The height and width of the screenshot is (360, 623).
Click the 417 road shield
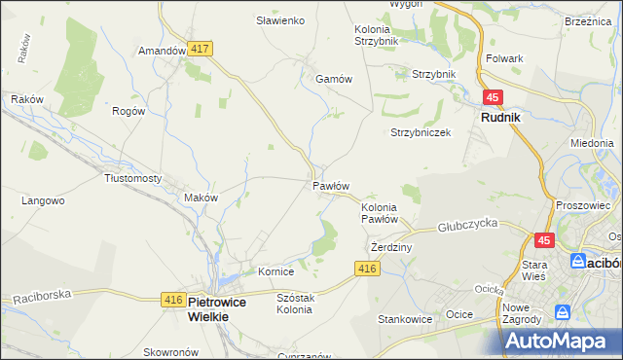tap(202, 48)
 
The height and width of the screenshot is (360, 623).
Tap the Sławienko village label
tap(280, 20)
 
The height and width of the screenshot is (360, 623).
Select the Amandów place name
tap(162, 51)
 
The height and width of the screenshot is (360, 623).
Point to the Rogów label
tap(128, 111)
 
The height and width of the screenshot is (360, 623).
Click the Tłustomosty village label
tap(132, 179)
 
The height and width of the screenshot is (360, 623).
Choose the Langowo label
tap(43, 201)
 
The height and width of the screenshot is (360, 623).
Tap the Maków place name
tap(201, 198)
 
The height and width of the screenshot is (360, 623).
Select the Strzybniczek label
tap(421, 132)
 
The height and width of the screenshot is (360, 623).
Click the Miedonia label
tap(592, 143)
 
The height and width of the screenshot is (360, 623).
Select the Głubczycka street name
tap(468, 224)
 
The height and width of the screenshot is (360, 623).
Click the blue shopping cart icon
tap(562, 312)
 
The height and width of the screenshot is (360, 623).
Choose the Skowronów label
tap(170, 352)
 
